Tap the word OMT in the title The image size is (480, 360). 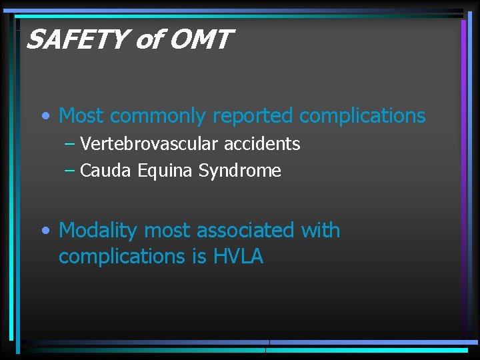pos(199,41)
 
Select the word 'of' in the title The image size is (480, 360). pos(148,41)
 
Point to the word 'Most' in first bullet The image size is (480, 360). pos(81,116)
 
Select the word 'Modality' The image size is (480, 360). pos(99,231)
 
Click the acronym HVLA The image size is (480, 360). pos(239,257)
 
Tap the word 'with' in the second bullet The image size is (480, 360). pos(321,231)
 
